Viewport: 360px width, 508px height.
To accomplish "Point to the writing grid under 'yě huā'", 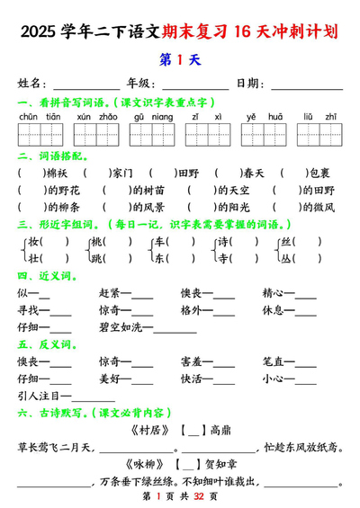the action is pyautogui.click(x=263, y=135).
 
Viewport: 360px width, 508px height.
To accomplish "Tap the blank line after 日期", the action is pyautogui.click(x=306, y=85).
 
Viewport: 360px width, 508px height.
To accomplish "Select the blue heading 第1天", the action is pyautogui.click(x=180, y=60).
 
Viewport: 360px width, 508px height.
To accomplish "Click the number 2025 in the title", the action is pyautogui.click(x=37, y=34).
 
